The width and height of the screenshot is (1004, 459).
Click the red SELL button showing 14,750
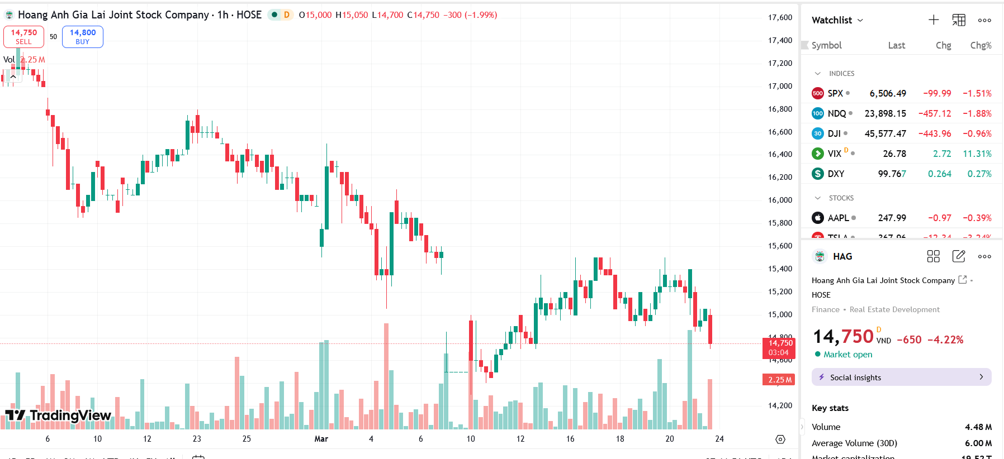point(23,37)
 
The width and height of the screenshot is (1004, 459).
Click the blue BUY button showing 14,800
point(83,37)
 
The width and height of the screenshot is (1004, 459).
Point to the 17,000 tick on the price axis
point(780,86)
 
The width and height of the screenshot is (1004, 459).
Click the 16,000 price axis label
point(780,200)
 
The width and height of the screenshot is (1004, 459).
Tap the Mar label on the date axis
point(321,439)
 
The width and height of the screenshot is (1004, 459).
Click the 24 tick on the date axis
point(719,439)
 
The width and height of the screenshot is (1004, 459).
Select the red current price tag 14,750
point(780,347)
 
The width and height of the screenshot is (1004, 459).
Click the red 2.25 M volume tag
point(780,380)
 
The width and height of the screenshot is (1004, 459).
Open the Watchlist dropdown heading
point(837,20)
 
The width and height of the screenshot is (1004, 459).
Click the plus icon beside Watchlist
point(934,20)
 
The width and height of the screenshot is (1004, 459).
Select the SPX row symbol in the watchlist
point(835,93)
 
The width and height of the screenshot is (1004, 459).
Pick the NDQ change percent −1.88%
point(977,113)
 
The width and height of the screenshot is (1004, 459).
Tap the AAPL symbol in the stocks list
point(838,218)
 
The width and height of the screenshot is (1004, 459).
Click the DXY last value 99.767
point(892,174)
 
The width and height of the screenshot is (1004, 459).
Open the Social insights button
point(901,377)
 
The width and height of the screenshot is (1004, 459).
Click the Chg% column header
point(981,45)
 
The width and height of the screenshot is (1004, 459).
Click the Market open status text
point(847,355)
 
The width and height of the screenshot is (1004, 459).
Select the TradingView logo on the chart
point(58,415)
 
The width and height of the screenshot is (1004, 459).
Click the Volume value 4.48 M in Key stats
point(978,427)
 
